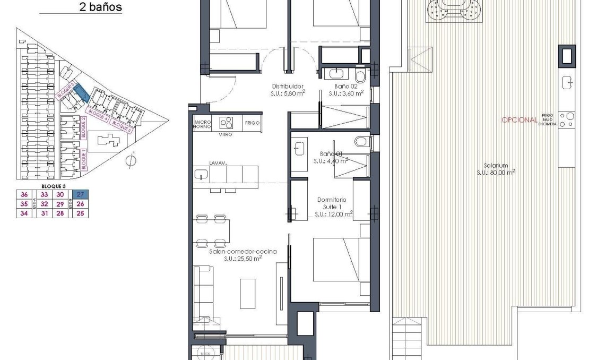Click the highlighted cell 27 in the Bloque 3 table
(x=81, y=194)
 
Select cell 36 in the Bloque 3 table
(x=23, y=194)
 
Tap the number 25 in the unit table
(x=81, y=213)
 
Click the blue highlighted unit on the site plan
(x=81, y=92)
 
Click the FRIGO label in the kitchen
(x=252, y=123)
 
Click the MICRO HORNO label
(x=202, y=124)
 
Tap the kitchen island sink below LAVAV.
(x=201, y=174)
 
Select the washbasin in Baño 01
(x=299, y=148)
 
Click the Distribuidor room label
(x=288, y=86)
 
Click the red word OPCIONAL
(x=519, y=120)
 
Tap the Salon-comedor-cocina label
(x=243, y=252)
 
